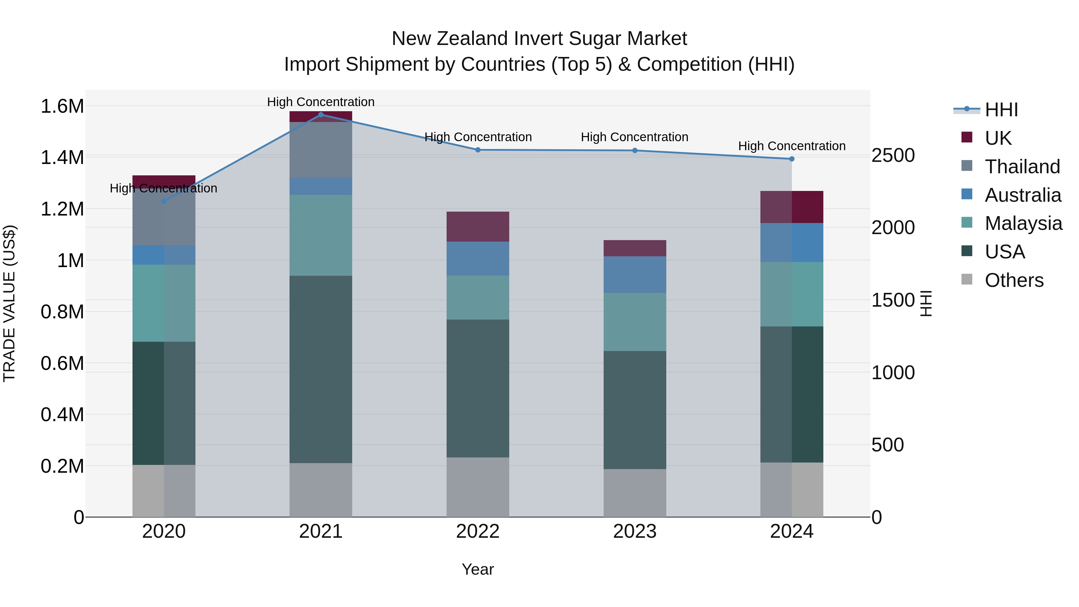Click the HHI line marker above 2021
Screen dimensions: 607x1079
(x=321, y=115)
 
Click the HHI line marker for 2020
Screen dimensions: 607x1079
(x=164, y=201)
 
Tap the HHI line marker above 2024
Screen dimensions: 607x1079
(x=792, y=159)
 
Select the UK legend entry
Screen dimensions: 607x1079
(x=998, y=138)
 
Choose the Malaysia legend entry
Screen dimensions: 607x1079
(x=1023, y=223)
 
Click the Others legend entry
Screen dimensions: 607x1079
(x=1014, y=280)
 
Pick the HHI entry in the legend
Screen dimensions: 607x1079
(x=1001, y=110)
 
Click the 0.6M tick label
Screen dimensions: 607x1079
(x=62, y=364)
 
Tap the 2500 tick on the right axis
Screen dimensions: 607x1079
(x=893, y=155)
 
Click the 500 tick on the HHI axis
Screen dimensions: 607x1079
(x=887, y=445)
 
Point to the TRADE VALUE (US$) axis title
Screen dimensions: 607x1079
(x=9, y=303)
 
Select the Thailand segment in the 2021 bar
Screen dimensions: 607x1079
(x=321, y=150)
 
